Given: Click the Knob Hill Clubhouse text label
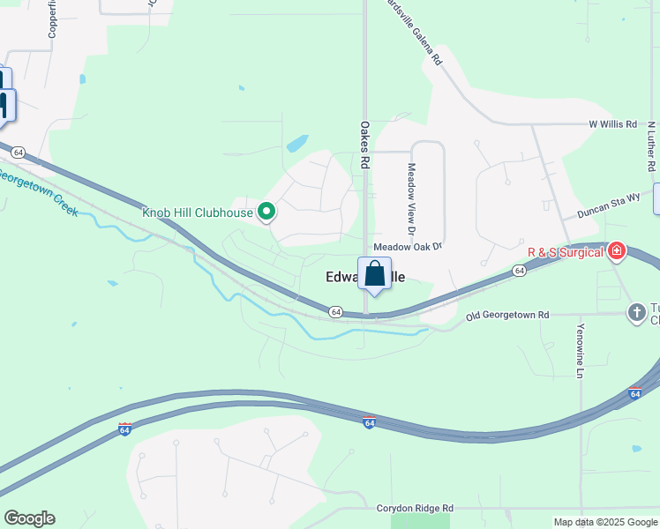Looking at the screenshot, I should [198, 212].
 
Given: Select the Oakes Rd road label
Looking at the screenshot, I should [364, 145].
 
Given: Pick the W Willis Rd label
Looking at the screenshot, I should [612, 125].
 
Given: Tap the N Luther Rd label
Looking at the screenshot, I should [651, 145].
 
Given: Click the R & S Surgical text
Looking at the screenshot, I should [565, 252].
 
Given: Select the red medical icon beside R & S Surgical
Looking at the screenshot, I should [616, 252].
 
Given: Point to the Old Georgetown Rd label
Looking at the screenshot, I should [507, 315].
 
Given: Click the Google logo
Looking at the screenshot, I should [29, 518].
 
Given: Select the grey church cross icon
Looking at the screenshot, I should [637, 313].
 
